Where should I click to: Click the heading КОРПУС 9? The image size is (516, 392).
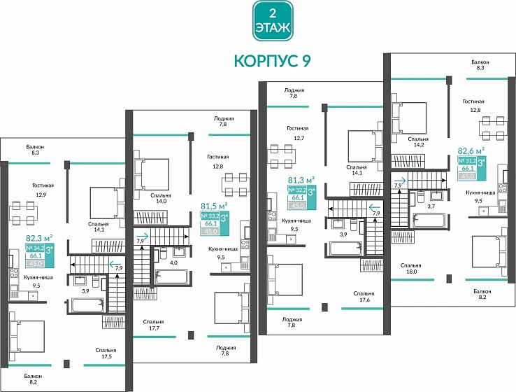(273, 61)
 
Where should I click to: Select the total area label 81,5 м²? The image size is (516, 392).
(214, 206)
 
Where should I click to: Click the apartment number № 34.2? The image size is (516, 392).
(35, 247)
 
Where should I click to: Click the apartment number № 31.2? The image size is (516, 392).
(466, 160)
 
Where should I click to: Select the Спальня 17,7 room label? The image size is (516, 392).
(155, 323)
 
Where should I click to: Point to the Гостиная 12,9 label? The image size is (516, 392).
(43, 190)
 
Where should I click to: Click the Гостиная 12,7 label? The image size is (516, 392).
(299, 133)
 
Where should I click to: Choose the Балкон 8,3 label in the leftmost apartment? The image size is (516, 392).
(36, 150)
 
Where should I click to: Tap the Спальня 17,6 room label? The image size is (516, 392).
(363, 297)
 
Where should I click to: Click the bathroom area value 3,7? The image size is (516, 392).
(431, 206)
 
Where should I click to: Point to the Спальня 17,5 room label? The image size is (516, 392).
(106, 353)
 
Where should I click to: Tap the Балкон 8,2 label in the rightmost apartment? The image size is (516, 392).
(481, 293)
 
